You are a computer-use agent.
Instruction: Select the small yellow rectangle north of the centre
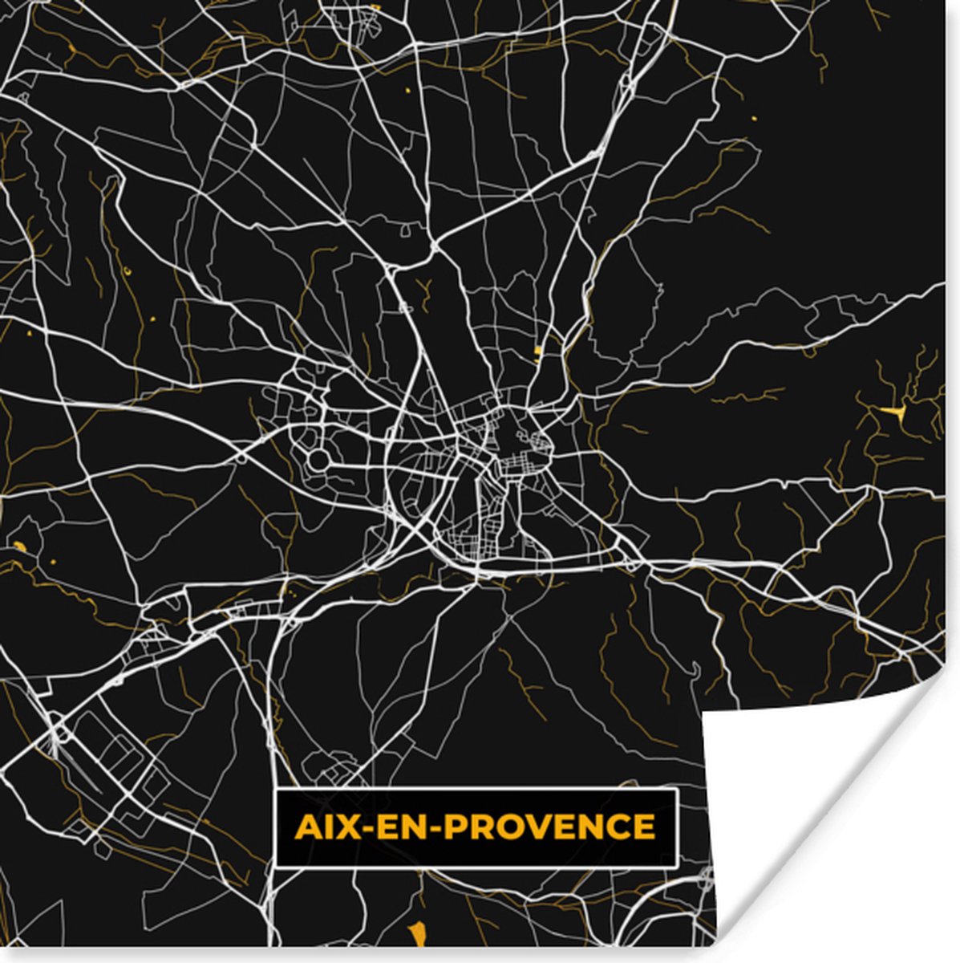click(536, 351)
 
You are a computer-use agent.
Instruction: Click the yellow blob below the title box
click(415, 933)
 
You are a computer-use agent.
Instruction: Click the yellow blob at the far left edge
click(18, 547)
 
